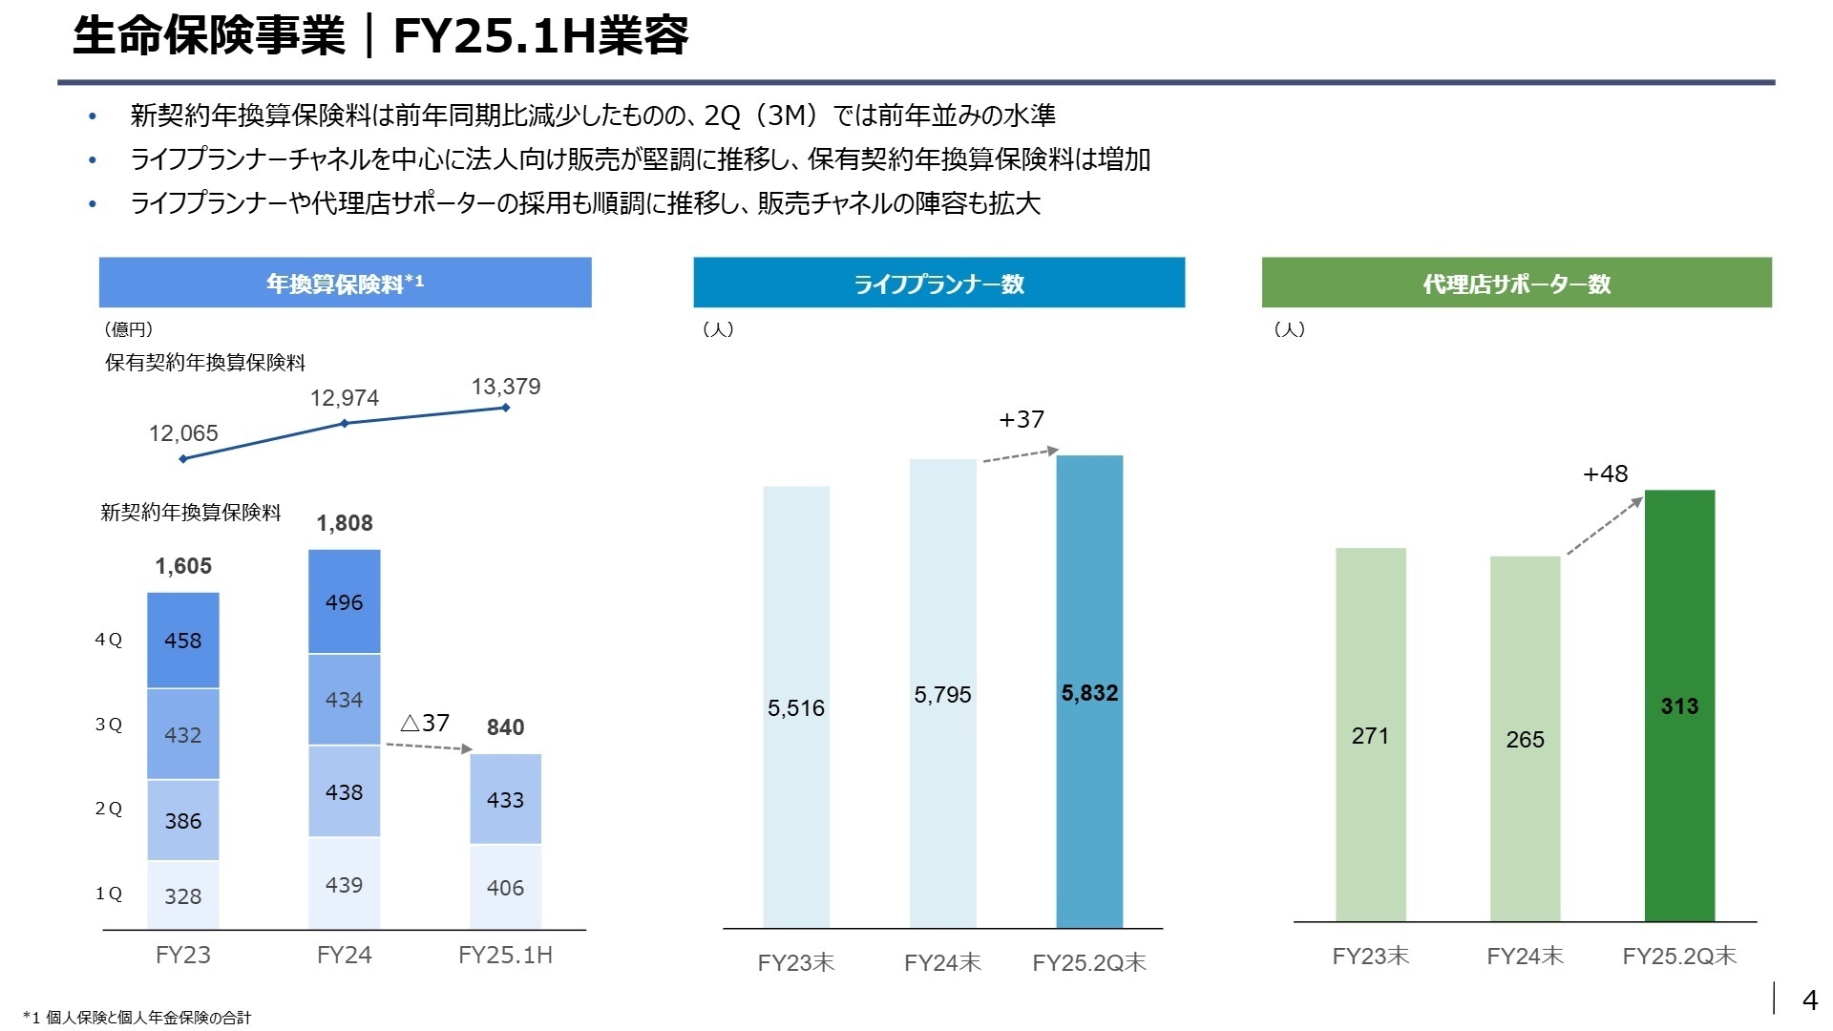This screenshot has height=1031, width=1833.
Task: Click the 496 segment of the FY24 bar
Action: [344, 602]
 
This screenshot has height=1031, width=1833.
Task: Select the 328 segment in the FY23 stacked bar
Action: [182, 895]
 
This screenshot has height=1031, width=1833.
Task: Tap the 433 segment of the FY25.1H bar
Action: [505, 799]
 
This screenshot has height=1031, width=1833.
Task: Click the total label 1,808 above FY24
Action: [345, 523]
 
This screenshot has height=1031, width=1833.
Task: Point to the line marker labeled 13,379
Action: [505, 408]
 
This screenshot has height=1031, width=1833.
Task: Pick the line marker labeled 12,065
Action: [183, 458]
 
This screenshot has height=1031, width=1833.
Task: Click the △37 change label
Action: [425, 723]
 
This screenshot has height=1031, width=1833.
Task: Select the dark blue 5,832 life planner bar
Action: [1089, 692]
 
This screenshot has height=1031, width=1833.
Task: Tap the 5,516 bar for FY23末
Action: [796, 707]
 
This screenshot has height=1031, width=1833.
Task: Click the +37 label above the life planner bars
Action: [1022, 419]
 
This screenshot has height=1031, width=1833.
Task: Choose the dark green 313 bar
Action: [1679, 705]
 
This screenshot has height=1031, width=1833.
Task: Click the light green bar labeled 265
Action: [1525, 739]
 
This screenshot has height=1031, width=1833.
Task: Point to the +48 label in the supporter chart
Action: [1606, 473]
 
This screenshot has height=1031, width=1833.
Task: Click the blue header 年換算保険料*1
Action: [345, 283]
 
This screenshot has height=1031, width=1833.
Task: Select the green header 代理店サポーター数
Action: [1516, 283]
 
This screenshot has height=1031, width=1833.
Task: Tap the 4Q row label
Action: [109, 640]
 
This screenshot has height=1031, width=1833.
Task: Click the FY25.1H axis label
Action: [505, 955]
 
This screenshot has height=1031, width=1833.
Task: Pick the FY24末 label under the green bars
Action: [1525, 956]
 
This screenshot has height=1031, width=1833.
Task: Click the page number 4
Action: [1809, 999]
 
